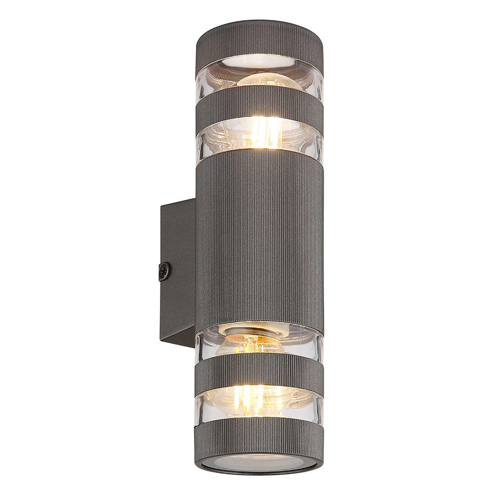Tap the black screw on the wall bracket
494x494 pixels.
tap(164, 271)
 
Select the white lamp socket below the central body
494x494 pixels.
tap(253, 329)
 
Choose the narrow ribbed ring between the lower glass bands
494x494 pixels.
tap(259, 373)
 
